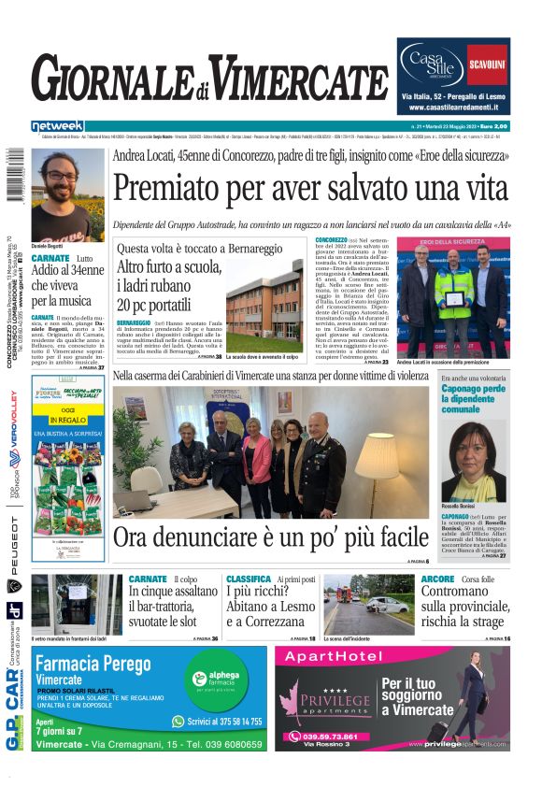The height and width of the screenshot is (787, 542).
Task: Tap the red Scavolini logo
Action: pos(488,64)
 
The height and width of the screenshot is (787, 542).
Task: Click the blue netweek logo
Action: pos(58,125)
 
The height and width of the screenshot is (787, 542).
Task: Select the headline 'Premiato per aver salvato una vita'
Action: pos(309,190)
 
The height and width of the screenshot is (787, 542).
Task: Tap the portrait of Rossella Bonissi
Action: pos(476,462)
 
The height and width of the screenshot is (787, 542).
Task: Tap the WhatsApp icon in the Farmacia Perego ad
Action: pos(178,722)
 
